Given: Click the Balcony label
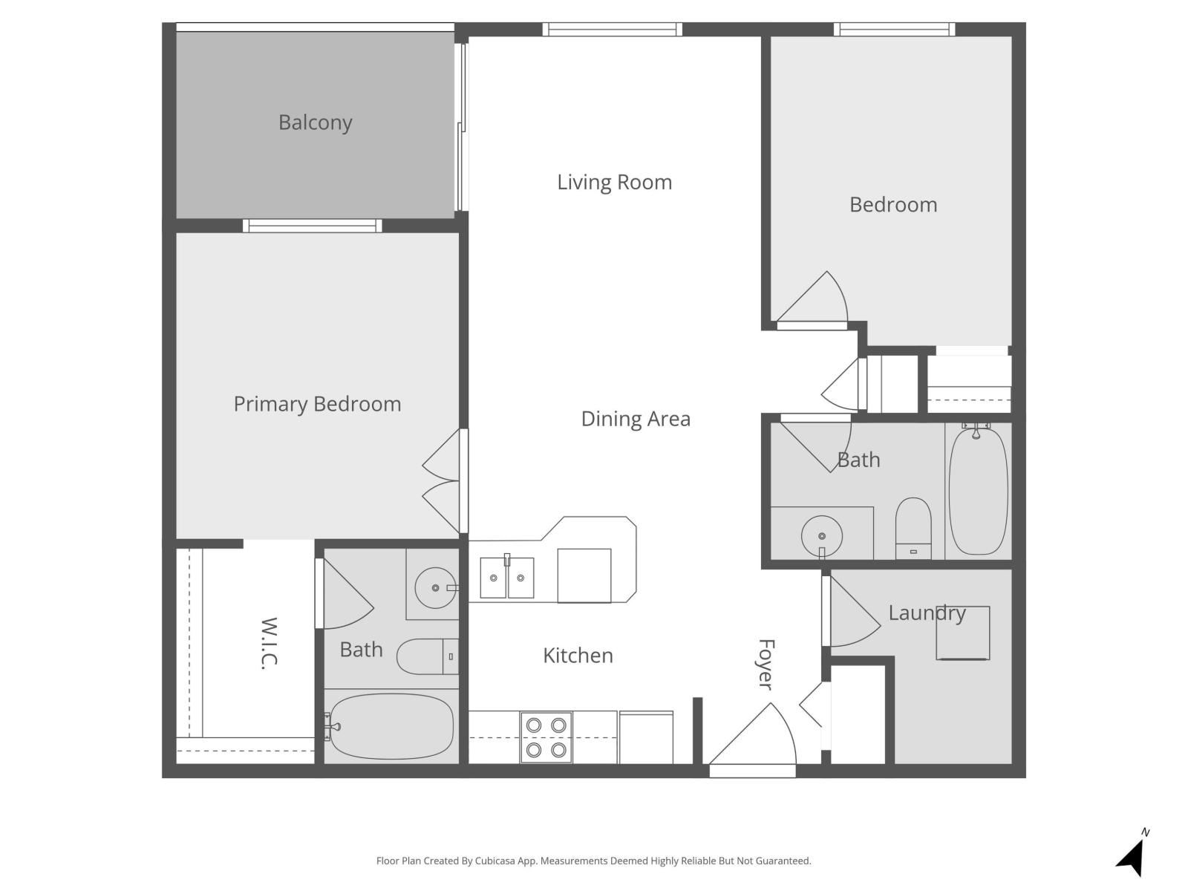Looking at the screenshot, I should [x=315, y=123].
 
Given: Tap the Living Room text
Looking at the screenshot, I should [x=614, y=182].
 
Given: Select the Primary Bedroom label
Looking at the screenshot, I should [x=317, y=404].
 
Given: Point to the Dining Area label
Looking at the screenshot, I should [x=636, y=419].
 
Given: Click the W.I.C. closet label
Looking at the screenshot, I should [x=269, y=643].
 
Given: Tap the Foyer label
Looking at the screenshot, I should [x=766, y=664].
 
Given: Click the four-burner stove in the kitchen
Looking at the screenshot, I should [x=546, y=737].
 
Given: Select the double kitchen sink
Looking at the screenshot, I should [x=506, y=578].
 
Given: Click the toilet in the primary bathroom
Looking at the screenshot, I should [x=427, y=656].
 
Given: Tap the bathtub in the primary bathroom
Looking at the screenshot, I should [x=390, y=726].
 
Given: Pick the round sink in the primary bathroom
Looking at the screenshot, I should [x=434, y=588].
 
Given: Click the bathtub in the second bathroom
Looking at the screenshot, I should [x=978, y=492].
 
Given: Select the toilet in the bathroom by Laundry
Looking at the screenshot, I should [x=913, y=527].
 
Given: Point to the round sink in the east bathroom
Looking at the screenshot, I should [x=821, y=535].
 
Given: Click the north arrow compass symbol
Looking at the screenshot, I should [x=1132, y=857].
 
